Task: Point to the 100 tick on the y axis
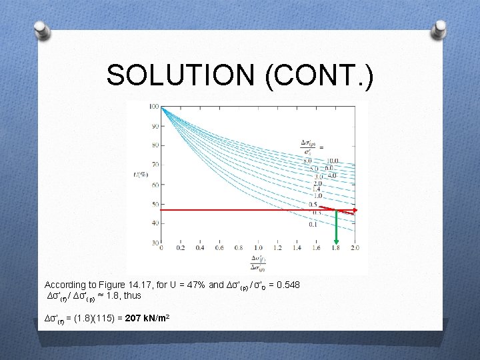click(x=154, y=107)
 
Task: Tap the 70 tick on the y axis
click(x=155, y=164)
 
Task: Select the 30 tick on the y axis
click(x=155, y=242)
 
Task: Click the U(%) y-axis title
click(x=142, y=175)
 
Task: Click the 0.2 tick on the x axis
click(x=181, y=248)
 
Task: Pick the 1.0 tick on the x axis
click(x=259, y=248)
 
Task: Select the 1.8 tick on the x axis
click(x=336, y=248)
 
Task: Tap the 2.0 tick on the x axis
click(x=355, y=248)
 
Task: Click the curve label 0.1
click(x=313, y=225)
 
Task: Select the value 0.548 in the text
click(x=289, y=285)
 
